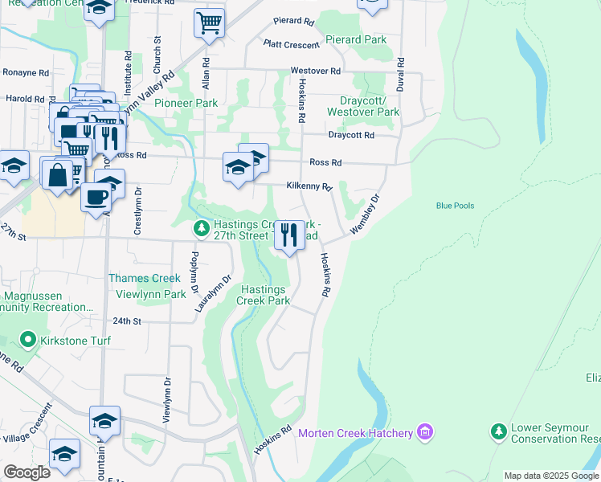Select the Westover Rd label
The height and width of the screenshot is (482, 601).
click(310, 71)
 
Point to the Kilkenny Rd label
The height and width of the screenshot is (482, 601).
click(309, 186)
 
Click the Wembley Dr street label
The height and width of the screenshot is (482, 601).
click(363, 214)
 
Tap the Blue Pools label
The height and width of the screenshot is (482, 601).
click(455, 206)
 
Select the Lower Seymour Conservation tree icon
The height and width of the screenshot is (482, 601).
click(498, 432)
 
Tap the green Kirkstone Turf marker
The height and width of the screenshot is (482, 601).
click(30, 341)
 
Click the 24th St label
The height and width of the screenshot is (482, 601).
click(127, 321)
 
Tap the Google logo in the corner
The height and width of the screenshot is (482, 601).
click(27, 472)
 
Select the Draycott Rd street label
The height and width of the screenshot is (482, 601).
click(351, 135)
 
